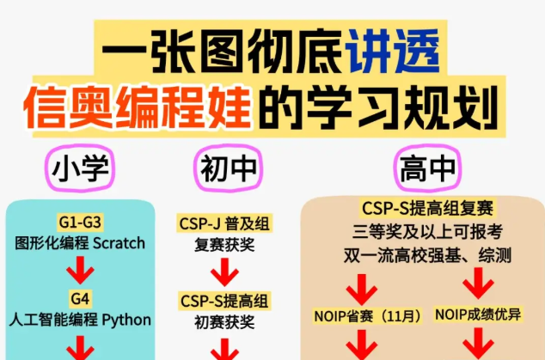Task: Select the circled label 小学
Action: pyautogui.click(x=82, y=170)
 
